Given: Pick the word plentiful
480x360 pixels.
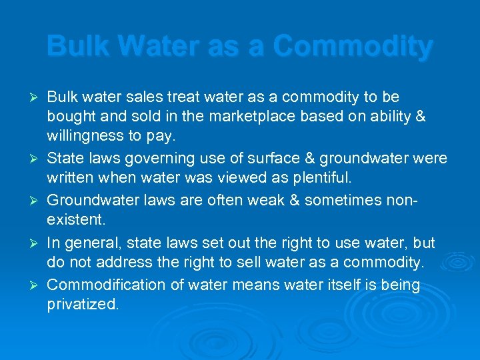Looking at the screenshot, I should click(321, 179).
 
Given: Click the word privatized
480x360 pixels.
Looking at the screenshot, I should click(83, 305).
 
